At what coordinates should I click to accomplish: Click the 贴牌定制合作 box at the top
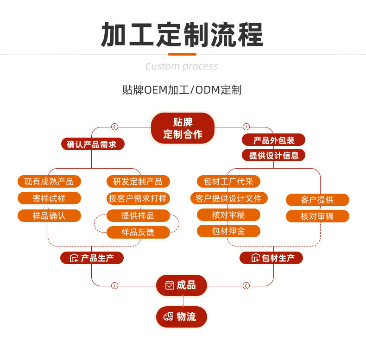point(183,128)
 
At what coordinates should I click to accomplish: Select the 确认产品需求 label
point(92,144)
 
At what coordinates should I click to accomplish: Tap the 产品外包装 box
point(273,140)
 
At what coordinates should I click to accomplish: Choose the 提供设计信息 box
point(273,155)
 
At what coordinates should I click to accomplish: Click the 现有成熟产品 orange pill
point(49,181)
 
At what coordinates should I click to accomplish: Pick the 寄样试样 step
point(49,198)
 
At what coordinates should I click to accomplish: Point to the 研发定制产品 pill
point(138,181)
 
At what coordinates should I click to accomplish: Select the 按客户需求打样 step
point(138,198)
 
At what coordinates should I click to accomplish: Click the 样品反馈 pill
point(138,232)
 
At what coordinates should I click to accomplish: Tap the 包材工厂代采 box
point(228,181)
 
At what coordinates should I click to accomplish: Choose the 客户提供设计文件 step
point(228,198)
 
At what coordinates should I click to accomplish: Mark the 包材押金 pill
point(228,231)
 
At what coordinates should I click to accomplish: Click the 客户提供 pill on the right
point(317,200)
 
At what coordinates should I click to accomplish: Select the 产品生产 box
point(92,258)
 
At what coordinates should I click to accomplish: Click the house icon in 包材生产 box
point(255,258)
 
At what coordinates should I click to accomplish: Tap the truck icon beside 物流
point(169,317)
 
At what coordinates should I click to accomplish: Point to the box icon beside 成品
point(170,285)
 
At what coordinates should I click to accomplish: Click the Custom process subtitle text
point(182,66)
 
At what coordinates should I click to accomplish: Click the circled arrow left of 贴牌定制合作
point(115,126)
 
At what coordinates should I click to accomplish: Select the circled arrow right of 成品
point(246,285)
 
